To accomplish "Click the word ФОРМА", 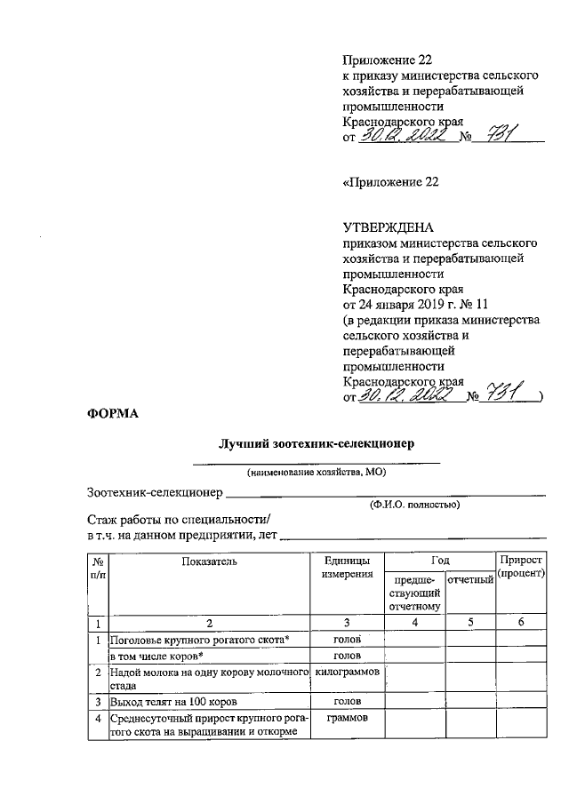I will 113,413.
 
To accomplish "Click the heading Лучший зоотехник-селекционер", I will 317,443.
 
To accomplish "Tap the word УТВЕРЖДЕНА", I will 389,227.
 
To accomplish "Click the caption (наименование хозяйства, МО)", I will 317,472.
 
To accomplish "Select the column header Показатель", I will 209,561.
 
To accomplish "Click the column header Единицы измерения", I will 347,568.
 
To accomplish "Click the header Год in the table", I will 439,561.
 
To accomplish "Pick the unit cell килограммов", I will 348,673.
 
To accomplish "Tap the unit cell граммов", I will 347,716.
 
